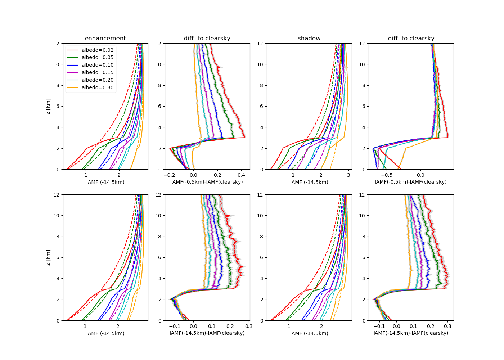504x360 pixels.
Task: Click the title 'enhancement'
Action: (105, 39)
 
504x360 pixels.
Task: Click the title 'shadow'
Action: (309, 39)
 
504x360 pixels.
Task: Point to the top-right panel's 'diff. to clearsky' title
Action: (411, 39)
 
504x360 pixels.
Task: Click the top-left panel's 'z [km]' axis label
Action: (48, 107)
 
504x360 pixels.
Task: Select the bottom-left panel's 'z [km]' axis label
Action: (48, 258)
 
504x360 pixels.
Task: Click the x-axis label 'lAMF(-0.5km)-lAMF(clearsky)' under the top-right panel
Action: (411, 182)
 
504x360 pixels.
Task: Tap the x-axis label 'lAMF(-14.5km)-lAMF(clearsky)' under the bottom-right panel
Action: (411, 333)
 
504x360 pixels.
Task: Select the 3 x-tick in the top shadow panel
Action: (348, 175)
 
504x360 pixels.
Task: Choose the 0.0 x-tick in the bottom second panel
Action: (193, 327)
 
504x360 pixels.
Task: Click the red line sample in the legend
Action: (73, 50)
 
